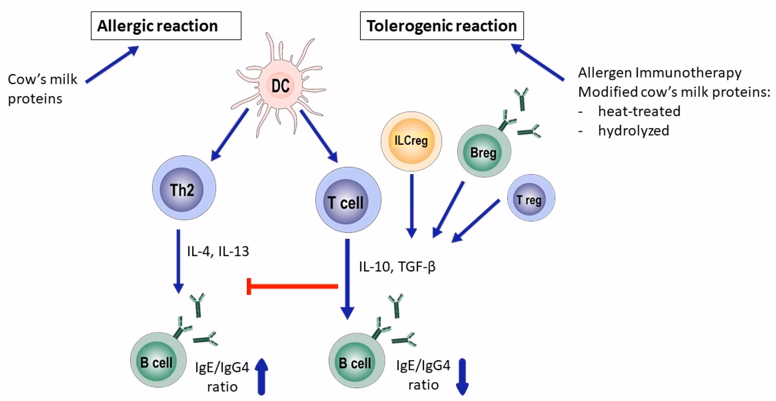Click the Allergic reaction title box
pyautogui.click(x=166, y=26)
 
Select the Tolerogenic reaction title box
pyautogui.click(x=441, y=26)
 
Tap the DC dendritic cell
pyautogui.click(x=280, y=86)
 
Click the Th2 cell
pyautogui.click(x=184, y=188)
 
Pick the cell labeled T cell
pyautogui.click(x=348, y=200)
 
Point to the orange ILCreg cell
pyautogui.click(x=411, y=141)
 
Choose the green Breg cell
pyautogui.click(x=484, y=152)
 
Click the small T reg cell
pyautogui.click(x=530, y=198)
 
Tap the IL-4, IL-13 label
pyautogui.click(x=218, y=251)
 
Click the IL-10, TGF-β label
pyautogui.click(x=397, y=266)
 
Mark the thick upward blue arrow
pyautogui.click(x=262, y=376)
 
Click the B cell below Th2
pyautogui.click(x=158, y=361)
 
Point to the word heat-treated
pyautogui.click(x=639, y=111)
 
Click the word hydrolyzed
pyautogui.click(x=633, y=131)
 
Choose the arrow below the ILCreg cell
pyautogui.click(x=411, y=205)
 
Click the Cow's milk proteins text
pyautogui.click(x=42, y=89)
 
